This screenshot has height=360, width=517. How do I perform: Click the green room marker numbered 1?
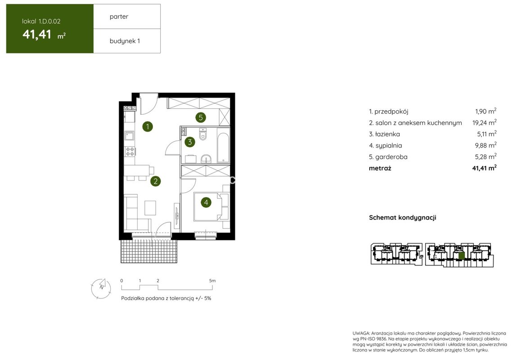(x=148, y=126)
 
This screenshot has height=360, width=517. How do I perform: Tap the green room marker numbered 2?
(x=155, y=181)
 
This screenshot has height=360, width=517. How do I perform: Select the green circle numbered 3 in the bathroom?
(x=189, y=142)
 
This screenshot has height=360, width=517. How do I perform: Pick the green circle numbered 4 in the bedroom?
(x=206, y=202)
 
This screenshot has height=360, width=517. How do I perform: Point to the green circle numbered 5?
(x=201, y=117)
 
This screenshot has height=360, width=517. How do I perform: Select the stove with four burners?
(x=130, y=151)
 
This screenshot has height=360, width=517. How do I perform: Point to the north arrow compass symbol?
(x=101, y=288)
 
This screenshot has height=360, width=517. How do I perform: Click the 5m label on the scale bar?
(x=212, y=281)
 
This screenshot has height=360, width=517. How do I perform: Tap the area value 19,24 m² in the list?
(x=484, y=123)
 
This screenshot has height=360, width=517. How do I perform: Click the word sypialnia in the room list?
(x=389, y=146)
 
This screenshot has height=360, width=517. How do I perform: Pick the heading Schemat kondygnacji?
(x=403, y=218)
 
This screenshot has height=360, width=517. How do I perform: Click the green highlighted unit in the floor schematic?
(x=462, y=256)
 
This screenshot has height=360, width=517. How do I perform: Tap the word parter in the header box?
(x=119, y=17)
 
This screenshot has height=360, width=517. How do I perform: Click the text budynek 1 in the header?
(x=125, y=41)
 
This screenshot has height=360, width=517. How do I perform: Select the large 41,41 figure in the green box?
(x=37, y=34)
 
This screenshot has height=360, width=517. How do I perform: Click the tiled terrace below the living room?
(x=149, y=251)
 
